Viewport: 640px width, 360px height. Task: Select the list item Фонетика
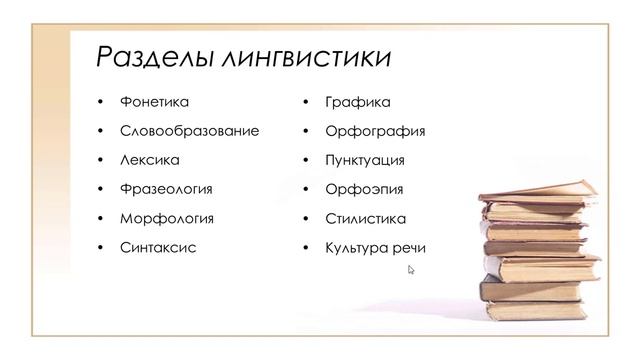click(x=154, y=102)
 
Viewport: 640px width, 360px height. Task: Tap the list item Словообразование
click(x=189, y=131)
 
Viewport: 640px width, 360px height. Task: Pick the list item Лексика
click(x=149, y=160)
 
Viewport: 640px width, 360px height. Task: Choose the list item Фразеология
click(x=166, y=189)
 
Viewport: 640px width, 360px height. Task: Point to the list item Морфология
click(x=166, y=218)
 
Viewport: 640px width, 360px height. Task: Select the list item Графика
click(x=357, y=102)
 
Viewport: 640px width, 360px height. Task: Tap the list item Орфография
click(x=375, y=131)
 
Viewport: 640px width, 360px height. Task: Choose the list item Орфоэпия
click(x=364, y=189)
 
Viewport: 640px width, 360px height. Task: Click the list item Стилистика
click(x=366, y=218)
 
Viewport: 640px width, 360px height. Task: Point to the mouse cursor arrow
click(x=411, y=269)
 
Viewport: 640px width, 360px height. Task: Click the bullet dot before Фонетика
click(x=99, y=103)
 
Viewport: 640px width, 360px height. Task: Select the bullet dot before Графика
click(x=305, y=103)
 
